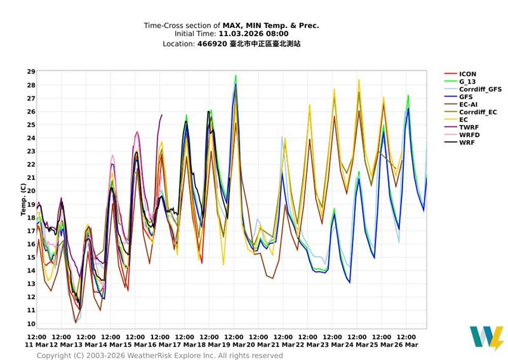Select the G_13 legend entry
tap(467, 82)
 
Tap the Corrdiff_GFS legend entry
tap(480, 90)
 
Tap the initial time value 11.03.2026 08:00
tap(253, 34)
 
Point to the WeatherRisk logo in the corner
tap(486, 338)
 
